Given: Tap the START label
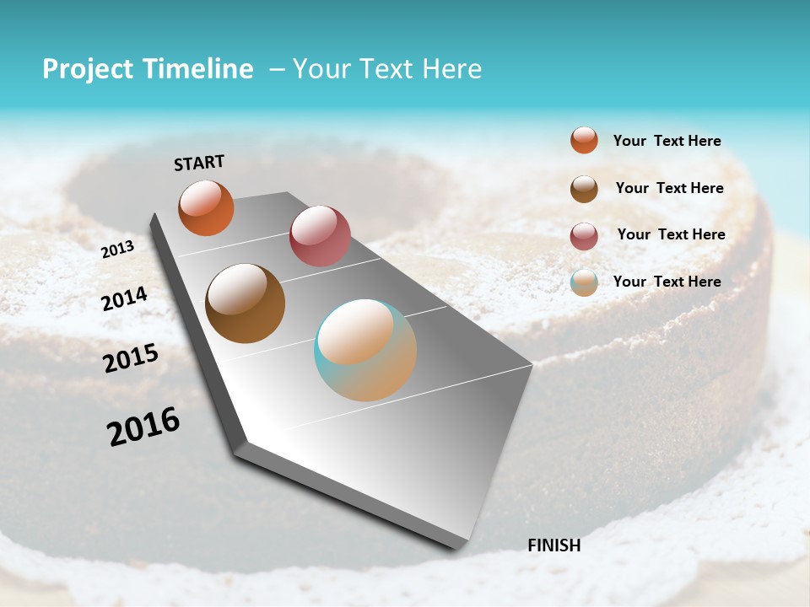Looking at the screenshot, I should [199, 163].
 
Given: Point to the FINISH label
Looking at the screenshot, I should [553, 545].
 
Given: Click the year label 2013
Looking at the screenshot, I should [117, 250].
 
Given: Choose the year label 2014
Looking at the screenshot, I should [124, 299].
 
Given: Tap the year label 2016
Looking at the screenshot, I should [143, 427].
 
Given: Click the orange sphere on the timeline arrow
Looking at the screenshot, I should [206, 207].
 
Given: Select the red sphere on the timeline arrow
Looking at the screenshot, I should [320, 236].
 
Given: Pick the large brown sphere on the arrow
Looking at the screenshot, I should [245, 303].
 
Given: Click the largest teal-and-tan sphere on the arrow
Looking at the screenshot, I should [365, 350].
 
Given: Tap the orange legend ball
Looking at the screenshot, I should [584, 141].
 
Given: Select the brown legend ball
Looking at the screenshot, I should [584, 189].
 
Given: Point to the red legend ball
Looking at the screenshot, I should [584, 236].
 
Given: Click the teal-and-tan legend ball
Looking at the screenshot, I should [584, 282].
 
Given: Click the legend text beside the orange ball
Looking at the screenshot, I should [667, 141].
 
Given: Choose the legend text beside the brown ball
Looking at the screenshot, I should [669, 188].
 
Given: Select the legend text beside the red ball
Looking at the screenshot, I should [671, 234].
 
